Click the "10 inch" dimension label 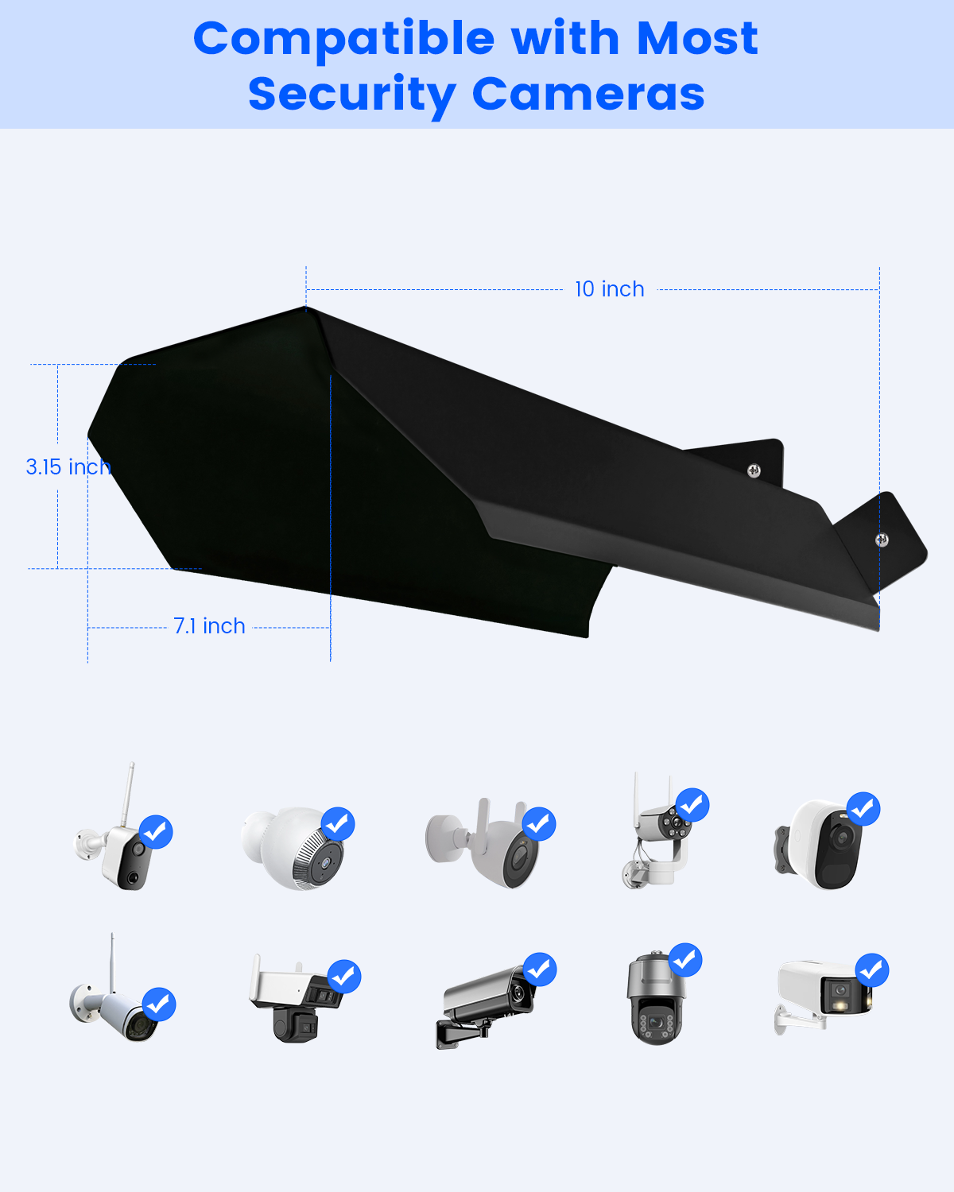(x=609, y=289)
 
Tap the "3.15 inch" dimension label (x=68, y=467)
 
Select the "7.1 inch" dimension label (x=209, y=626)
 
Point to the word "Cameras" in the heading (x=588, y=94)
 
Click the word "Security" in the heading (x=352, y=96)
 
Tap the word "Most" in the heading (x=696, y=38)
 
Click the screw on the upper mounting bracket (x=754, y=470)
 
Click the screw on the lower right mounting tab (x=882, y=540)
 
